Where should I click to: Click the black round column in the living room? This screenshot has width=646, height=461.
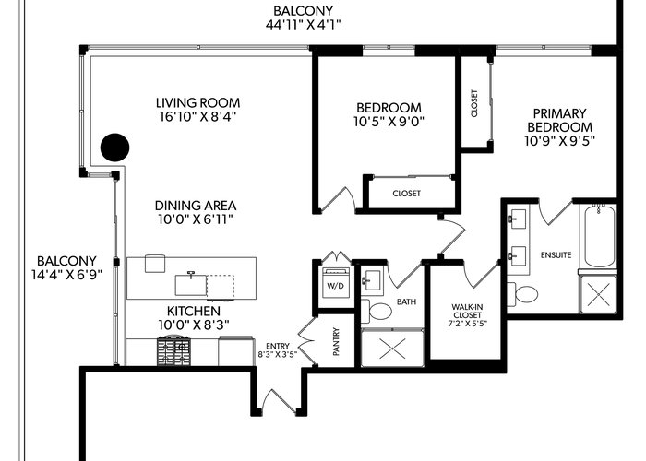pyautogui.click(x=115, y=148)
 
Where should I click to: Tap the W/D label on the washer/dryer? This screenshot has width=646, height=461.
pyautogui.click(x=335, y=285)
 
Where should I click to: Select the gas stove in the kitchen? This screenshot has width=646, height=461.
pyautogui.click(x=173, y=350)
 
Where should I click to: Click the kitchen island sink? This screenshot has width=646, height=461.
pyautogui.click(x=191, y=284)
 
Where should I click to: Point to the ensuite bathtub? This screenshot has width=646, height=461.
pyautogui.click(x=600, y=236)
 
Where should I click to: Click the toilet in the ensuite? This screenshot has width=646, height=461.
pyautogui.click(x=522, y=294)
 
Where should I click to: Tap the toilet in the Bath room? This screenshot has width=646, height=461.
pyautogui.click(x=377, y=312)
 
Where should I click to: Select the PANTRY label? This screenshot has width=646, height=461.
pyautogui.click(x=336, y=341)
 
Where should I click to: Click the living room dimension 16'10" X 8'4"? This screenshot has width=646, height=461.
pyautogui.click(x=197, y=116)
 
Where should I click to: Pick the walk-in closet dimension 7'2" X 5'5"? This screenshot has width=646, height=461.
pyautogui.click(x=467, y=323)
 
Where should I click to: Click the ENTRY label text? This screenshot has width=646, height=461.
pyautogui.click(x=278, y=346)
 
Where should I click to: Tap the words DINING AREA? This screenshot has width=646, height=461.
pyautogui.click(x=196, y=206)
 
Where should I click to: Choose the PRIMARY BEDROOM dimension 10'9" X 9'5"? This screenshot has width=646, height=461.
pyautogui.click(x=559, y=141)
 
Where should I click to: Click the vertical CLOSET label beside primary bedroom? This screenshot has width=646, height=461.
pyautogui.click(x=474, y=103)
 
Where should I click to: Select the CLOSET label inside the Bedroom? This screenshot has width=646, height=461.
pyautogui.click(x=407, y=193)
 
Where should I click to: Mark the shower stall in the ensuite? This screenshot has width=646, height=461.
pyautogui.click(x=598, y=294)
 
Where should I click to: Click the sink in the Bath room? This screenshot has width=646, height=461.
pyautogui.click(x=373, y=280)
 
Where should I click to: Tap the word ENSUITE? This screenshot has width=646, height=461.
pyautogui.click(x=556, y=255)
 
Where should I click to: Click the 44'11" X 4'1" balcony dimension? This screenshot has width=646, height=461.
pyautogui.click(x=304, y=24)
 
